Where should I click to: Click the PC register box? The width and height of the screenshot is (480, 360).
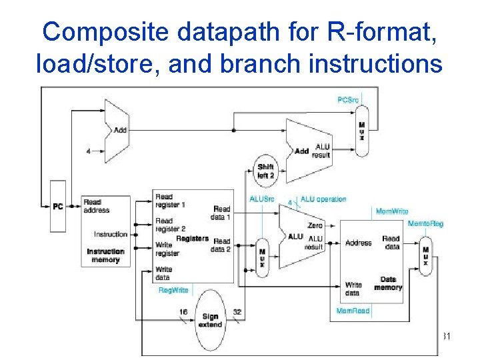point(58,207)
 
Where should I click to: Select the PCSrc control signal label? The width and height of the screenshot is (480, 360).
point(348,100)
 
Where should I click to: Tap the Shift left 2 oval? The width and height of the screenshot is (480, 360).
point(266,171)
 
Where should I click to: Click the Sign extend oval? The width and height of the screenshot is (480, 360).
point(210,321)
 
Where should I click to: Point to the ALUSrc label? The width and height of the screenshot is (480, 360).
point(261,199)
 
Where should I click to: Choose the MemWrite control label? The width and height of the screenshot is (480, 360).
point(392,211)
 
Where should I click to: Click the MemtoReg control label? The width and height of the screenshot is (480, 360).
point(425,224)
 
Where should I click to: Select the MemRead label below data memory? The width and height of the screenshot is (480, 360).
point(353,311)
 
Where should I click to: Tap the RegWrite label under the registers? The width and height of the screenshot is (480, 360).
point(173,291)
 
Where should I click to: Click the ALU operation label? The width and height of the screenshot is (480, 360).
point(323,199)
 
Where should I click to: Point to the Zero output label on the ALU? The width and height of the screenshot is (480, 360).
point(315,226)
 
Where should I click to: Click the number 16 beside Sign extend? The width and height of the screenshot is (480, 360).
point(183,311)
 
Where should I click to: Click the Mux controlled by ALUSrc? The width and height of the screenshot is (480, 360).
point(262,257)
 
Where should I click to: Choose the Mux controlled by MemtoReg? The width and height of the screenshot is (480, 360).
point(425,254)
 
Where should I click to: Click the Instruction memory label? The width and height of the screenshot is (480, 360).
point(105,255)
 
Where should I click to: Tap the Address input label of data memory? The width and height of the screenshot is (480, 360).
point(359,243)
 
